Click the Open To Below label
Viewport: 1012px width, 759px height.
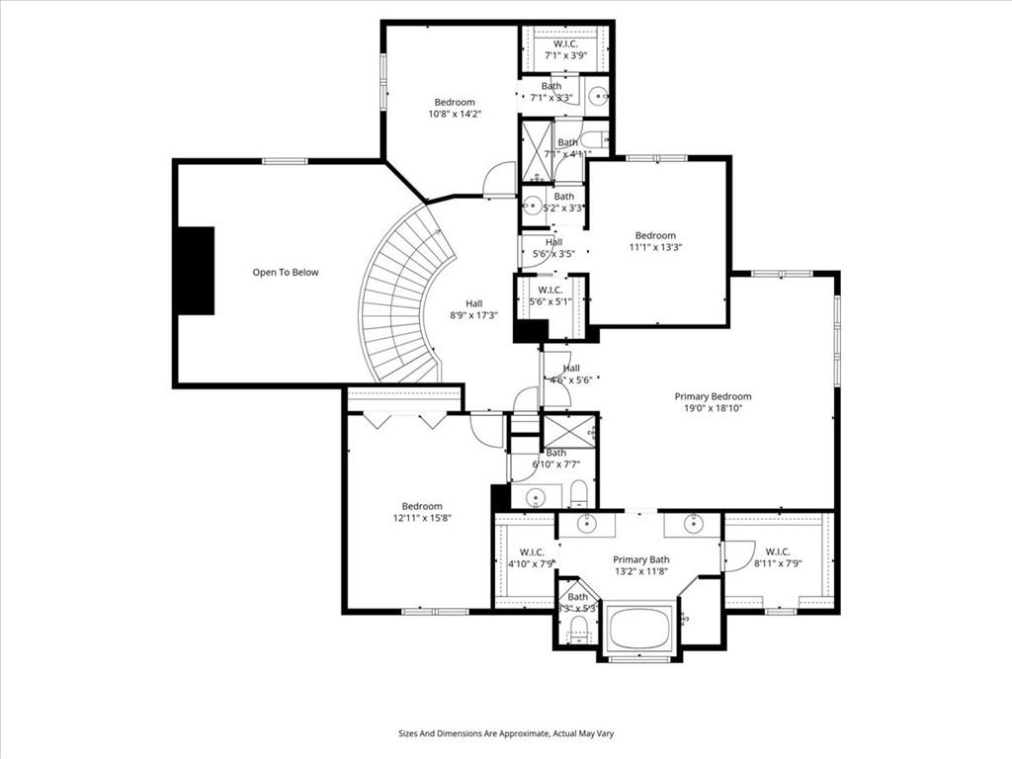pyautogui.click(x=286, y=272)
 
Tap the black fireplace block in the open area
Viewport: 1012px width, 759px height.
pyautogui.click(x=196, y=271)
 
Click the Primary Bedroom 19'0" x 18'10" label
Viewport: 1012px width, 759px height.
pyautogui.click(x=713, y=402)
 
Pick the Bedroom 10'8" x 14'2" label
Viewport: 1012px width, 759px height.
pyautogui.click(x=455, y=108)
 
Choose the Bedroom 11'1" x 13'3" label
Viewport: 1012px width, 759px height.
pyautogui.click(x=655, y=241)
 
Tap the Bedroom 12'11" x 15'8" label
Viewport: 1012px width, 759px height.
pyautogui.click(x=422, y=512)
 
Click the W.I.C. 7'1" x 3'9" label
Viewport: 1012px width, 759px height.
pyautogui.click(x=564, y=49)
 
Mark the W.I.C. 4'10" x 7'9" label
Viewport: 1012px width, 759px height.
pyautogui.click(x=530, y=557)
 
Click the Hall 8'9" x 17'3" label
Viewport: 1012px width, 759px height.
pyautogui.click(x=474, y=309)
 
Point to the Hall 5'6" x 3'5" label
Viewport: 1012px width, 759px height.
pyautogui.click(x=553, y=247)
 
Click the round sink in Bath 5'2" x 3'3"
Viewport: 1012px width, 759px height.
pyautogui.click(x=532, y=208)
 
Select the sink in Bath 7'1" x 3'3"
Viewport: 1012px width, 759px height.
pyautogui.click(x=598, y=96)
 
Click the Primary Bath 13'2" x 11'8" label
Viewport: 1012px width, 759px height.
pyautogui.click(x=640, y=565)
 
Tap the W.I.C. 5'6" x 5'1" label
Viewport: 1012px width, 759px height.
pyautogui.click(x=550, y=295)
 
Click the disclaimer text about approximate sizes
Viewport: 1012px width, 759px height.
pyautogui.click(x=506, y=733)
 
